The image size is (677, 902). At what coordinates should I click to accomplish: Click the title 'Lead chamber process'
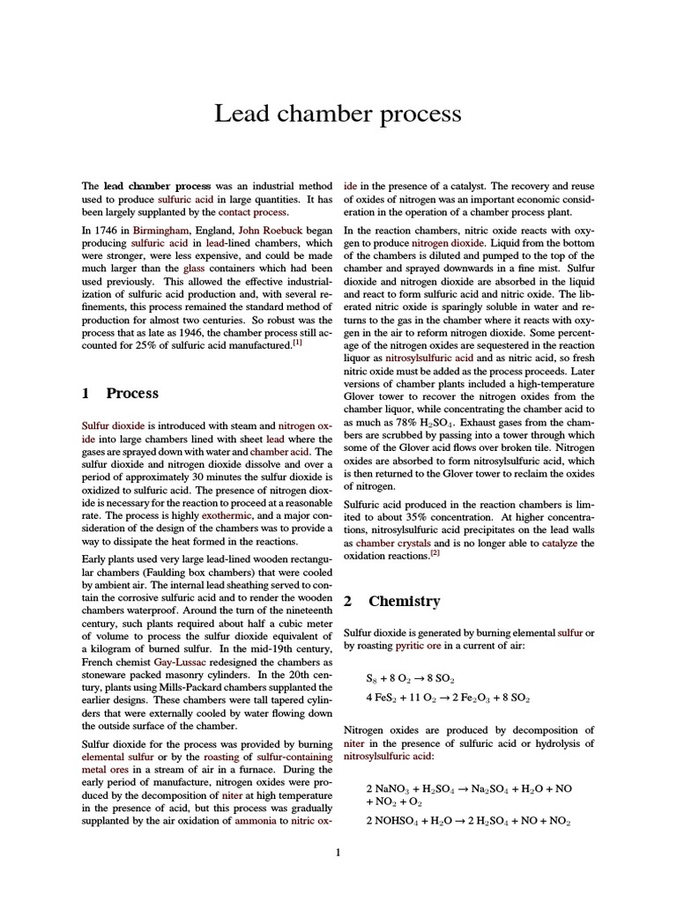click(338, 115)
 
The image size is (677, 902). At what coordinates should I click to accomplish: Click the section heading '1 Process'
click(120, 393)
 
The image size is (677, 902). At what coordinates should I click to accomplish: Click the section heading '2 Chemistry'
click(391, 601)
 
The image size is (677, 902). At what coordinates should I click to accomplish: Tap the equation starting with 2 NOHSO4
click(468, 821)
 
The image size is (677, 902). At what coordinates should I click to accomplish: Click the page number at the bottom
click(338, 853)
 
